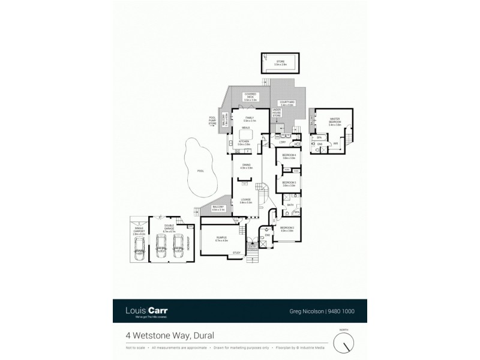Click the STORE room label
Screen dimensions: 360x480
tap(280, 61)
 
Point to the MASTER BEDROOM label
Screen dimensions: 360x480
tap(335, 122)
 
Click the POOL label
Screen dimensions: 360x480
tap(200, 171)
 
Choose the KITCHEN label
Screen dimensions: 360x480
tap(244, 143)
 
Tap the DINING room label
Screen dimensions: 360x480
tap(246, 166)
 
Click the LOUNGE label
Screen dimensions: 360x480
tap(245, 201)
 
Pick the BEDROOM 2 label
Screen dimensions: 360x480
tap(287, 229)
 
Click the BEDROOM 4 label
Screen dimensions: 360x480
tap(289, 157)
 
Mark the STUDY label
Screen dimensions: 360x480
tap(236, 253)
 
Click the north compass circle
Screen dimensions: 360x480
tap(344, 343)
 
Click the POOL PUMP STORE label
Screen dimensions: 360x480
tap(212, 120)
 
